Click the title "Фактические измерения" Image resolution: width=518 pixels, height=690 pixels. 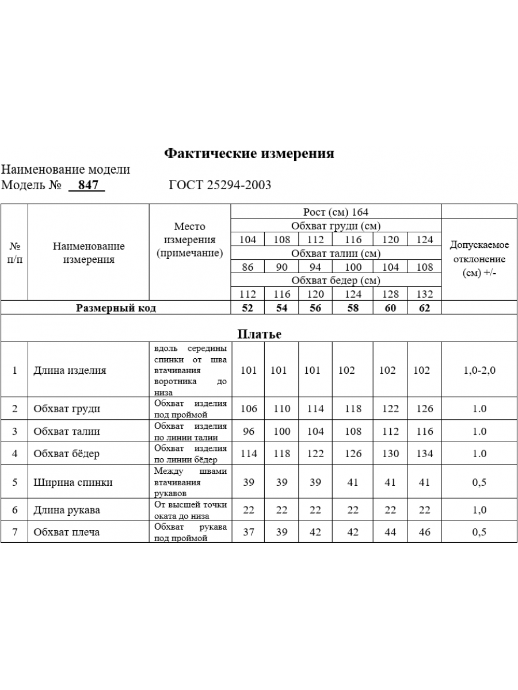click(x=249, y=154)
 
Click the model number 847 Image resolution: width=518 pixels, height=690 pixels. click(x=88, y=185)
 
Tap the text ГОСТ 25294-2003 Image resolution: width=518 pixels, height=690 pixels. click(x=220, y=185)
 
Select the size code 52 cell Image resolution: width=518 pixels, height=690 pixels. click(x=247, y=308)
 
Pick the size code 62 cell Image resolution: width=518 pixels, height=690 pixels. click(x=424, y=308)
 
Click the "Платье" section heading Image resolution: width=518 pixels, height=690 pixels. click(x=259, y=334)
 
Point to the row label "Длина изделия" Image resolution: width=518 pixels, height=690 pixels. click(x=70, y=370)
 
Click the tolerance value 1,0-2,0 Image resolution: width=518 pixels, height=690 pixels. click(x=479, y=370)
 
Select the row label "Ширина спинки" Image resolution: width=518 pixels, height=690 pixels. click(x=73, y=482)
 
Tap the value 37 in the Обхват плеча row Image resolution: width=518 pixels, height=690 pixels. click(x=248, y=532)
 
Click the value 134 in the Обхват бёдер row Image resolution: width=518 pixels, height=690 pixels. click(x=424, y=454)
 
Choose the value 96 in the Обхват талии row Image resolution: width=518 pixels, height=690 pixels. click(x=248, y=431)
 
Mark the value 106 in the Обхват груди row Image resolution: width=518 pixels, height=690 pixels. click(x=249, y=409)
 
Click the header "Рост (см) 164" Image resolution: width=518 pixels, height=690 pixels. click(x=336, y=212)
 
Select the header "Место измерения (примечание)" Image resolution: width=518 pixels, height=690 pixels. click(x=190, y=240)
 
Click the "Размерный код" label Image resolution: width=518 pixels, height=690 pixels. click(x=116, y=308)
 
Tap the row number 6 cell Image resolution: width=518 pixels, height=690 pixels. click(x=15, y=510)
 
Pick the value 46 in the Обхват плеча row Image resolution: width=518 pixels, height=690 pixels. click(x=424, y=532)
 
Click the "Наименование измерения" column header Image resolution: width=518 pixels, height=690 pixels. click(x=89, y=252)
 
